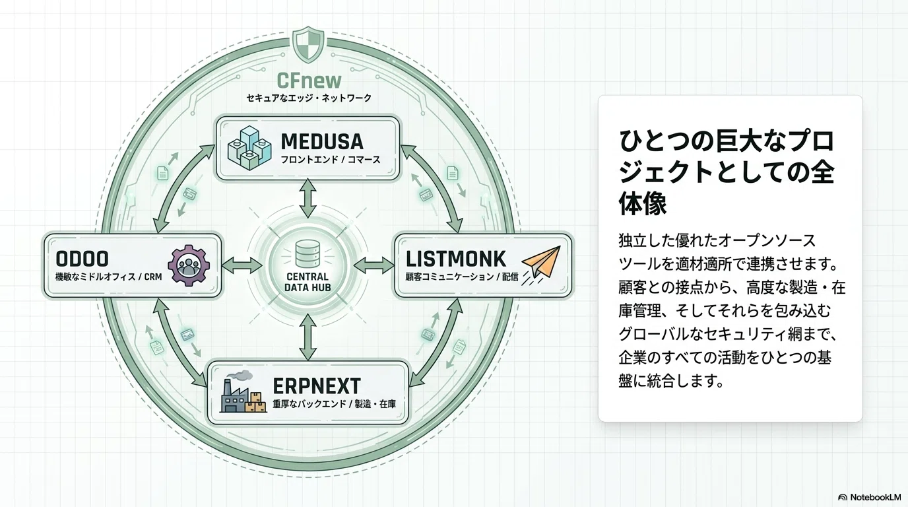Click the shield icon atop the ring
click(x=308, y=45)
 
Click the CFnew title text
click(x=309, y=81)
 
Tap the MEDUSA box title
click(x=322, y=141)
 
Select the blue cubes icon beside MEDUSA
click(x=249, y=148)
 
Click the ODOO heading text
click(x=82, y=259)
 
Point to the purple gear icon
click(x=189, y=265)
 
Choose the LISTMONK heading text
click(x=455, y=259)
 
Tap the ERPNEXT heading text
click(x=317, y=386)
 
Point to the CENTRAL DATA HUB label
click(x=308, y=282)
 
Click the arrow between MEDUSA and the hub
click(x=308, y=198)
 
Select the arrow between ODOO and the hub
click(x=242, y=265)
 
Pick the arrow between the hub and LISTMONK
click(x=373, y=265)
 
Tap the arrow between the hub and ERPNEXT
click(x=308, y=337)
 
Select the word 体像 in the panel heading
click(x=643, y=203)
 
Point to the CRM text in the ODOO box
click(x=153, y=277)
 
